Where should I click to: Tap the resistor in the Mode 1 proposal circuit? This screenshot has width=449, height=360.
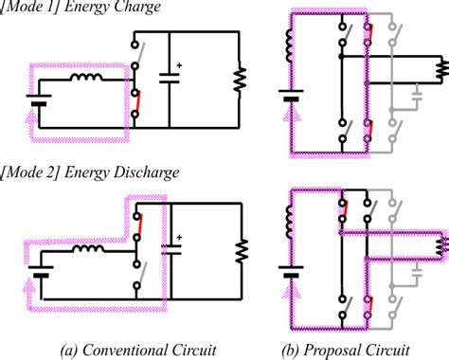point(440,68)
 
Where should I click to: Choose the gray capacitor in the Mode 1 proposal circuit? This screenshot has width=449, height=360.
point(418,95)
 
